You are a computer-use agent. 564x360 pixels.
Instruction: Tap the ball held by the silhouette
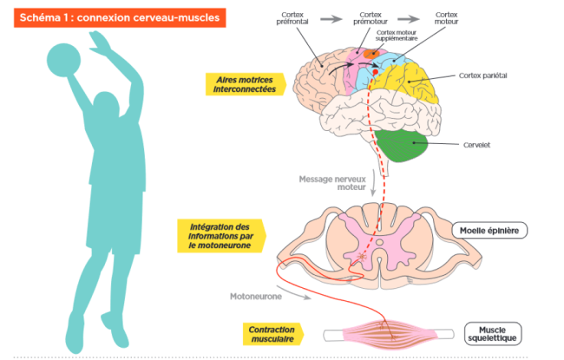tap(62, 60)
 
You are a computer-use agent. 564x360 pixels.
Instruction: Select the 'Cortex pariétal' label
tap(482, 75)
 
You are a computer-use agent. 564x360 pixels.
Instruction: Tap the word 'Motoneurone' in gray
tap(256, 296)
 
